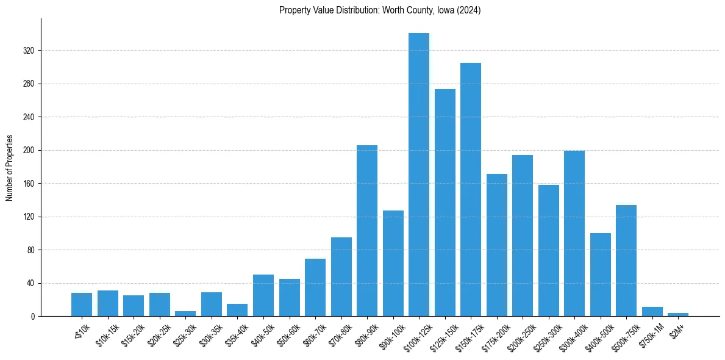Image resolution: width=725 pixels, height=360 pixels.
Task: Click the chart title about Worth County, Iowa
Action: click(x=380, y=10)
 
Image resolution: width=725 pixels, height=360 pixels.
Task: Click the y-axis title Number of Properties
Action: click(x=10, y=168)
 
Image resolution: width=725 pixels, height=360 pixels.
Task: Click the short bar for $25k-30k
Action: click(x=185, y=314)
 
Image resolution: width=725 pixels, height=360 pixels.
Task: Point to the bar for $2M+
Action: click(x=678, y=314)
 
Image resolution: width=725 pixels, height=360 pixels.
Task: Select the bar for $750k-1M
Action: click(x=652, y=312)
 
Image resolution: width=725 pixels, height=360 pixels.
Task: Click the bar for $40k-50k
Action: click(x=263, y=295)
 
